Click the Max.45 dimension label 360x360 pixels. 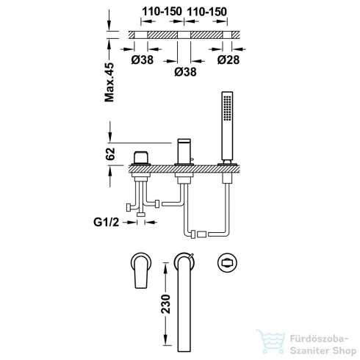(x=109, y=82)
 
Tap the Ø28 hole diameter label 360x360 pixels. (x=228, y=60)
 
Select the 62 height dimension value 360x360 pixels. (x=110, y=154)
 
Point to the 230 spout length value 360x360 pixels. (x=165, y=304)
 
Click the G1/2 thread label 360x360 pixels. (x=107, y=222)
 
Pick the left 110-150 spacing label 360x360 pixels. (x=162, y=12)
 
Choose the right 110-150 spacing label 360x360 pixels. (x=207, y=12)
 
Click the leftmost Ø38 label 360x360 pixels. (x=143, y=60)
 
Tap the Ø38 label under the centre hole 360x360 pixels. (x=185, y=72)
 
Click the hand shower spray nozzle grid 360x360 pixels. (x=227, y=108)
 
